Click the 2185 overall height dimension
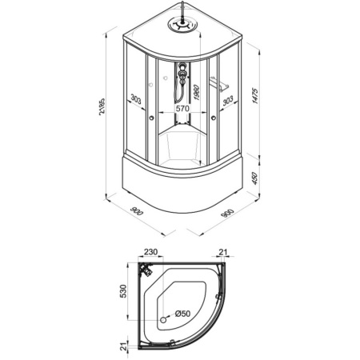click(x=102, y=106)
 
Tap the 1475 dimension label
click(x=255, y=96)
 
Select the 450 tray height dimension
click(x=255, y=178)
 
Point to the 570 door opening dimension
click(x=182, y=108)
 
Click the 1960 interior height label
click(x=197, y=92)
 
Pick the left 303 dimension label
click(x=136, y=100)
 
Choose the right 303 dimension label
click(x=228, y=101)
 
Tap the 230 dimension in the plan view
click(x=151, y=252)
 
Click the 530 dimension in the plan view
click(x=123, y=291)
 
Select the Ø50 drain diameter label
click(x=183, y=314)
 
